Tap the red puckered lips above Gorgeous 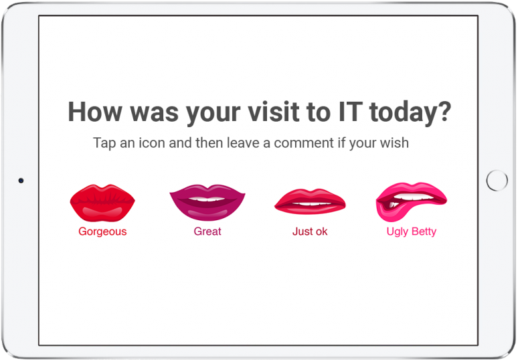(x=102, y=203)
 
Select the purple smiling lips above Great (x=207, y=203)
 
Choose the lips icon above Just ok (x=310, y=201)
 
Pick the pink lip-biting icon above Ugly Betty (x=411, y=202)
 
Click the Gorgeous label (x=102, y=232)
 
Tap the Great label (x=207, y=231)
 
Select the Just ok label (x=310, y=231)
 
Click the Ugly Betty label (x=411, y=232)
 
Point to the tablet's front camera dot (x=21, y=181)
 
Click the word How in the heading (x=95, y=112)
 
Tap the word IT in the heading (x=350, y=112)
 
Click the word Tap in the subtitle (x=104, y=144)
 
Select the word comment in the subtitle (x=304, y=143)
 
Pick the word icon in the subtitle (x=151, y=143)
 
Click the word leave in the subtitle (x=243, y=143)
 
